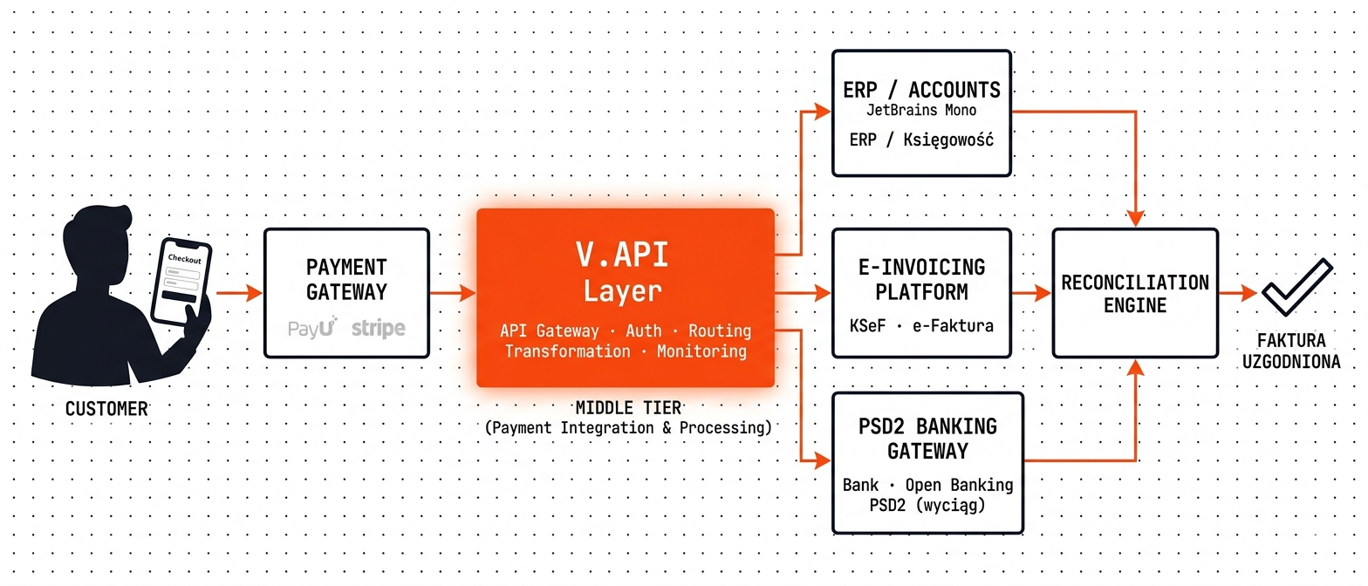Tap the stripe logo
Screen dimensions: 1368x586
[x=378, y=329]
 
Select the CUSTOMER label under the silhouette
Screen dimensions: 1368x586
[x=106, y=408]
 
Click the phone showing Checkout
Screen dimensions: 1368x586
[x=181, y=281]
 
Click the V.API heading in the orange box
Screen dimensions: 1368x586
[x=622, y=255]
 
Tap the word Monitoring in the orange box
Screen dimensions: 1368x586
[x=701, y=351]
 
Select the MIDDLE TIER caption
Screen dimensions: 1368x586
[x=628, y=408]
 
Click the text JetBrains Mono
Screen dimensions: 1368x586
[x=921, y=110]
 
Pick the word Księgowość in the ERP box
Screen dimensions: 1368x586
[x=948, y=140]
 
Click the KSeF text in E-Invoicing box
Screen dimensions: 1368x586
[x=867, y=325]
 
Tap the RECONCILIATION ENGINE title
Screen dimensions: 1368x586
[x=1135, y=294]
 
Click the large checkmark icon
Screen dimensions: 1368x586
[x=1297, y=287]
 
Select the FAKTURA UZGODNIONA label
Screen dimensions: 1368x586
[x=1291, y=351]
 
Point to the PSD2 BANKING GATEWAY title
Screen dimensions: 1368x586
[x=927, y=439]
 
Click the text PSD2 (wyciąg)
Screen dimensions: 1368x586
[x=927, y=506]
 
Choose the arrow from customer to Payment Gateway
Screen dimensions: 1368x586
[x=239, y=293]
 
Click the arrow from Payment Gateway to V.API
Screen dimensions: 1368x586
[x=453, y=293]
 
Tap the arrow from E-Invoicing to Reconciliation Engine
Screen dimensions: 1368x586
[x=1031, y=293]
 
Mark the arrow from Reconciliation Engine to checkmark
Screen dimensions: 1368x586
[x=1238, y=293]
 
